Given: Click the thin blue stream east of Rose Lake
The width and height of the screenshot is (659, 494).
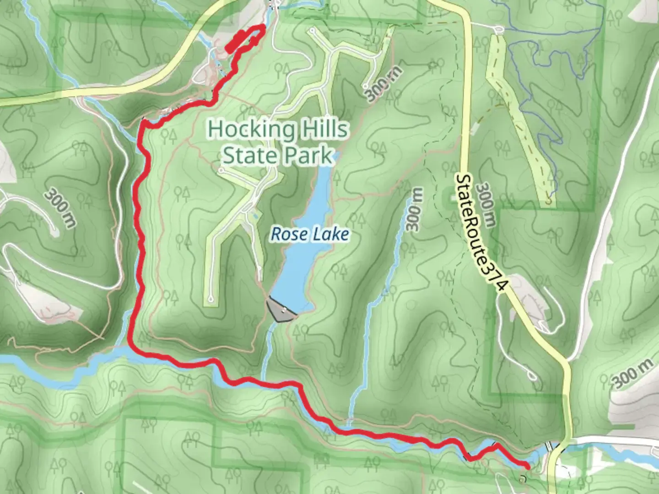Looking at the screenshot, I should pos(380,297).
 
